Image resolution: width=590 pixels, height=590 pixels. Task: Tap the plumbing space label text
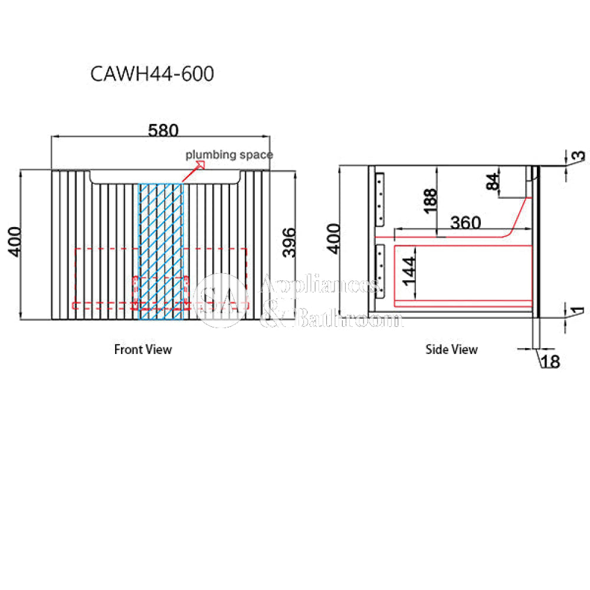click(x=229, y=155)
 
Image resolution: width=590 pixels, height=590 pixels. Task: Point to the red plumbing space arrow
click(x=192, y=172)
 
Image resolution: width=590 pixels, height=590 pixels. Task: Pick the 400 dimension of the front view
click(x=16, y=241)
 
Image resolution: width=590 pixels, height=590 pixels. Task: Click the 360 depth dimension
click(x=466, y=222)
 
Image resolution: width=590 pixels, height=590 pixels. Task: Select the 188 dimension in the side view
click(x=430, y=201)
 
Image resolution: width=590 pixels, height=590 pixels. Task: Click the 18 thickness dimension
click(x=550, y=361)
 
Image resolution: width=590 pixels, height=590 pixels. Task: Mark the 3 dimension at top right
click(x=580, y=156)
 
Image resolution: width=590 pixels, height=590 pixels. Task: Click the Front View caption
click(x=143, y=349)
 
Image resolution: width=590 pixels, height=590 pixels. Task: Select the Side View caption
click(x=451, y=349)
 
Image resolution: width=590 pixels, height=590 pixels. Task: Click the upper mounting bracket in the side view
click(x=380, y=198)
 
